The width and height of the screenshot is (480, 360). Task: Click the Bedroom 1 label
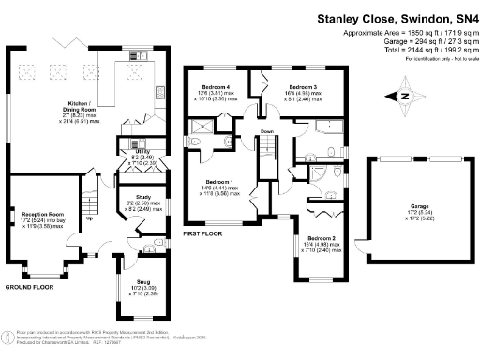click(220, 180)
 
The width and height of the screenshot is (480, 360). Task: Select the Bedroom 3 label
click(303, 87)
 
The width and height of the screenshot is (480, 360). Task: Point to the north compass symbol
click(404, 95)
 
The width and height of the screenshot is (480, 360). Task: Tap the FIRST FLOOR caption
click(202, 232)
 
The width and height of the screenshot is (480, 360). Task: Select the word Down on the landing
click(266, 131)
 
